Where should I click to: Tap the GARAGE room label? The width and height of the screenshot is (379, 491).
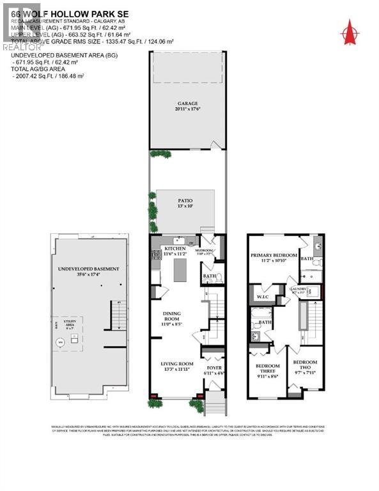coord(187,103)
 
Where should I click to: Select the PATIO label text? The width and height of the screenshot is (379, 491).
coord(187,201)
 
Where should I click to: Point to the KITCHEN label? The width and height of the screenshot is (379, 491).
coord(175,249)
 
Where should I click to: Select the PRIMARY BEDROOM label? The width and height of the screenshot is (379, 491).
coord(274,255)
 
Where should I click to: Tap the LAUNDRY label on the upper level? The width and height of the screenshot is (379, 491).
coord(298,290)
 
